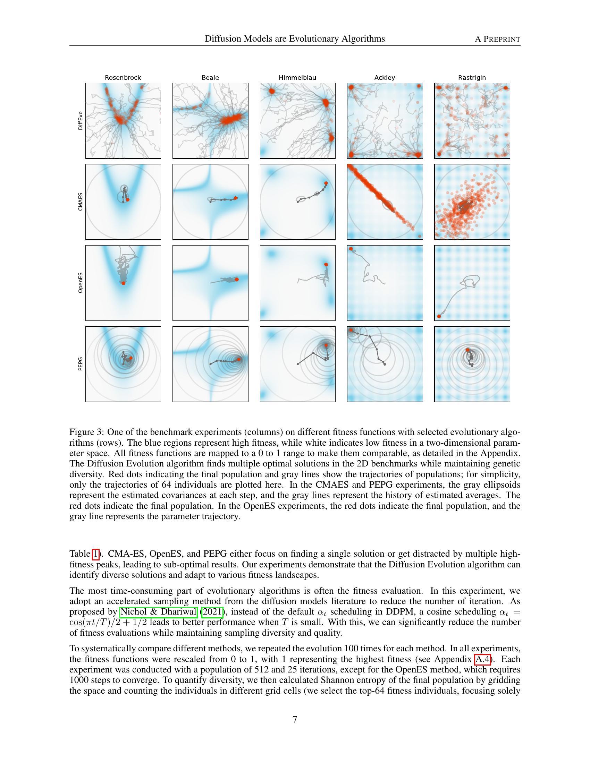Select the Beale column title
[210, 78]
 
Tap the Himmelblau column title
[297, 78]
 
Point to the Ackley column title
[385, 78]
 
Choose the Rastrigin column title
[472, 78]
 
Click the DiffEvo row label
[81, 121]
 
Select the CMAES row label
[81, 202]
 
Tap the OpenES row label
[81, 283]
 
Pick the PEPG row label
[81, 364]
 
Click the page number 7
[295, 719]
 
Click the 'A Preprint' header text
[497, 39]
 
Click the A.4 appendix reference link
[482, 659]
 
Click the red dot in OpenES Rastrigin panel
[439, 316]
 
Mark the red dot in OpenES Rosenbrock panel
[124, 283]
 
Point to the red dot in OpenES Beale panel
[237, 280]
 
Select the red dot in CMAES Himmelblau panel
[326, 183]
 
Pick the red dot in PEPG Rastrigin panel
[467, 350]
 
